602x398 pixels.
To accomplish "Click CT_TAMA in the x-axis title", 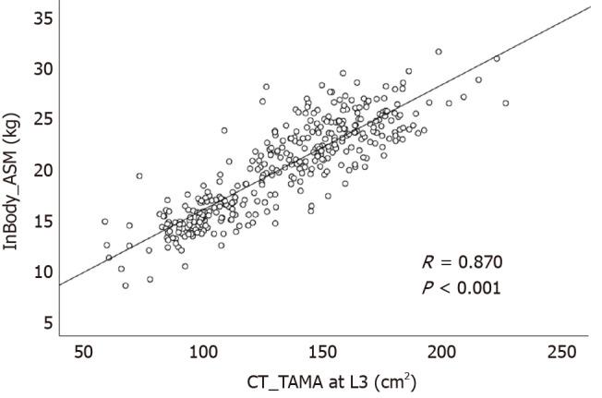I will (x=276, y=380).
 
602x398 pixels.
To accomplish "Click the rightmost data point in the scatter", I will (x=505, y=103).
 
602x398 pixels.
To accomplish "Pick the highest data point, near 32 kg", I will (x=439, y=52).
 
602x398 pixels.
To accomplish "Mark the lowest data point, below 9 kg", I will (x=126, y=285).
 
